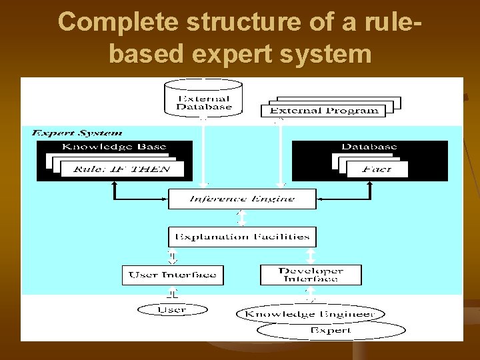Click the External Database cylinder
[203, 99]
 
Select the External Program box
[324, 111]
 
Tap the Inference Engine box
[241, 199]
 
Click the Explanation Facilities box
[241, 236]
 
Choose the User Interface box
[173, 275]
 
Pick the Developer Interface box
[311, 275]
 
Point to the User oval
[171, 309]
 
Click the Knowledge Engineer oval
[308, 314]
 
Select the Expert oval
[331, 330]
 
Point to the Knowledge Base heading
[114, 147]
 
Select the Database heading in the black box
[369, 147]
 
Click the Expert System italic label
[77, 133]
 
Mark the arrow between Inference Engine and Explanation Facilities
[241, 218]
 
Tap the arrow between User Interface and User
[173, 294]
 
